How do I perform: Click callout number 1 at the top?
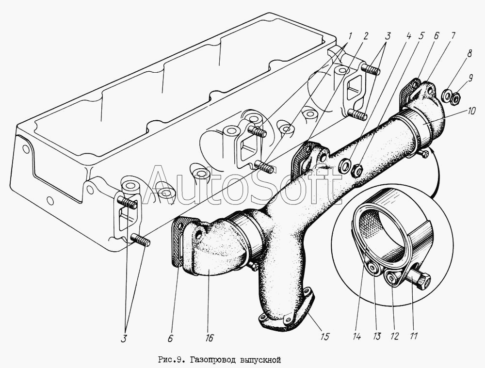[349, 36]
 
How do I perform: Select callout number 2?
[365, 36]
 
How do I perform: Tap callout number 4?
[408, 35]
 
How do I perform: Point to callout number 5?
[421, 35]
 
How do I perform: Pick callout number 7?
[453, 35]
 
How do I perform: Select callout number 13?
[377, 335]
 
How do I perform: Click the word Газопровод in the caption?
[210, 360]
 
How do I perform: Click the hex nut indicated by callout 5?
[356, 171]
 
